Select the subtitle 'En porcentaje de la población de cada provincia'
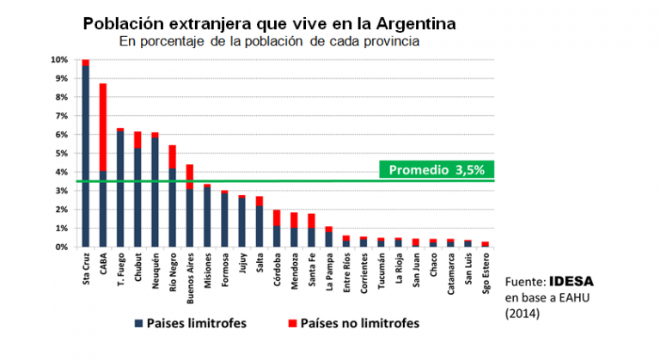[x=270, y=40]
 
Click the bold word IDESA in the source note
[x=572, y=281]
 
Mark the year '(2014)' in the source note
[x=522, y=314]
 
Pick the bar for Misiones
[x=208, y=216]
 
